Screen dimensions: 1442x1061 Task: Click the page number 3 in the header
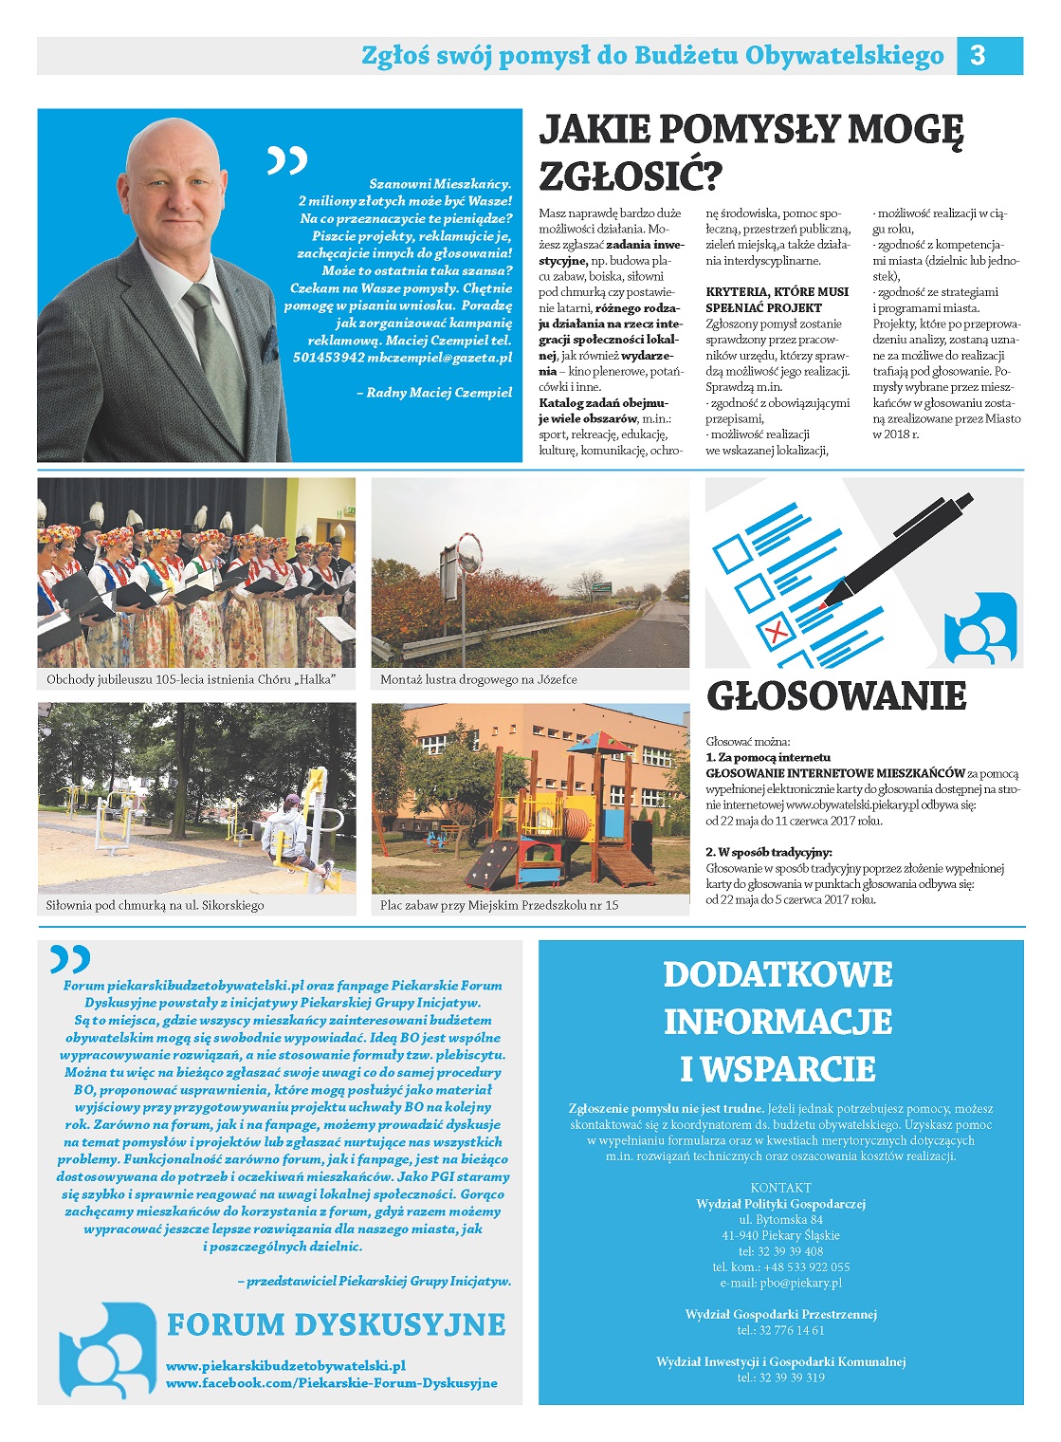(978, 56)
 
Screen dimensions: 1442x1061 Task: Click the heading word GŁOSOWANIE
(836, 696)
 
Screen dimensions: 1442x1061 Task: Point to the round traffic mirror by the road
(469, 553)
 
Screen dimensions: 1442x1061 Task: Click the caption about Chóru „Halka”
(191, 680)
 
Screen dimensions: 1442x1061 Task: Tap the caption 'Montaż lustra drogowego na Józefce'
(478, 680)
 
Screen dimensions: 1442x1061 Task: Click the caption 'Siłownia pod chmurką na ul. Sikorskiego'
(155, 905)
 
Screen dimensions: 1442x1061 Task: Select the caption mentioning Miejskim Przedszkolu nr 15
(499, 905)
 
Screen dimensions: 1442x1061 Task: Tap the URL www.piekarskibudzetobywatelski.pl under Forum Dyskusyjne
(285, 1366)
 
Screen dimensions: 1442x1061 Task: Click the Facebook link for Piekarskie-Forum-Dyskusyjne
(331, 1383)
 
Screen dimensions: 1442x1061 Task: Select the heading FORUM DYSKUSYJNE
(336, 1324)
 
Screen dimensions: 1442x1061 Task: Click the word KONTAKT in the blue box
(780, 1188)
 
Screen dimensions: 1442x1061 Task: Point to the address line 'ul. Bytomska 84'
(780, 1220)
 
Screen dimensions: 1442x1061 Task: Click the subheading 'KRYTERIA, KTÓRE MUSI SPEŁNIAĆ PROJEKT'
(777, 300)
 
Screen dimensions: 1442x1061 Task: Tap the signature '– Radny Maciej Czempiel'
(439, 393)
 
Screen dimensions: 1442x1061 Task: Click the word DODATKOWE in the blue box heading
(777, 974)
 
